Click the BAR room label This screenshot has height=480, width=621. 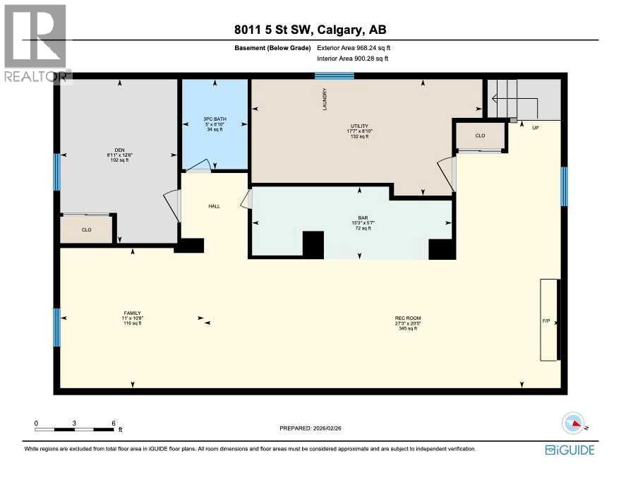pos(358,218)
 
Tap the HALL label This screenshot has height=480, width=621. pos(214,206)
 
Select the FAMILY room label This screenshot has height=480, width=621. pos(133,313)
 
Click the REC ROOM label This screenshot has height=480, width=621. pos(408,318)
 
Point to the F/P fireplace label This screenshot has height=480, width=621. pos(546,321)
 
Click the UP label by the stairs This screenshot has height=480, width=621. pos(536,128)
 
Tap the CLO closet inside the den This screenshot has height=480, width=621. pos(86,229)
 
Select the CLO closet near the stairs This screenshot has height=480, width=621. pos(480,136)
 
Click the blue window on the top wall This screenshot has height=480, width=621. pos(334,76)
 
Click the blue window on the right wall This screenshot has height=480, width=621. pos(564,186)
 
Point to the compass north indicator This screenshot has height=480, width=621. pos(575,424)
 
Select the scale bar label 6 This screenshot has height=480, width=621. pos(114,424)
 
